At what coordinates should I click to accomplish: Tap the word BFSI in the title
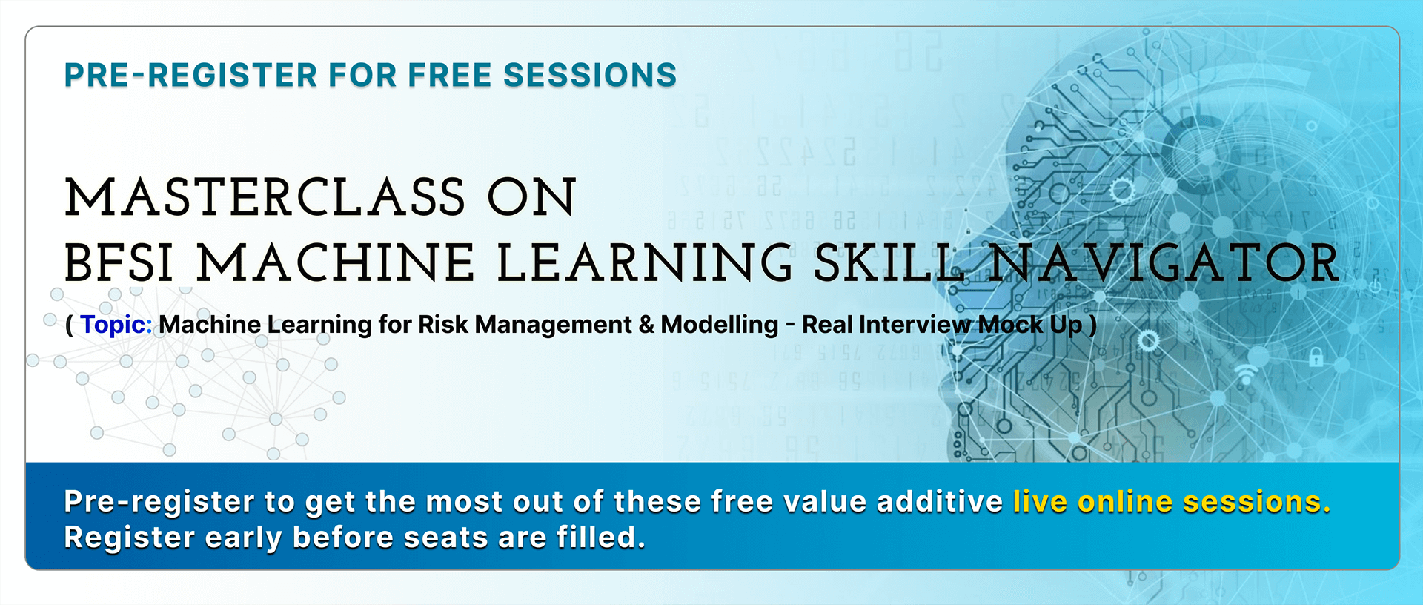[x=119, y=263]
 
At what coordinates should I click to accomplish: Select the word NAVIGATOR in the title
[x=1164, y=263]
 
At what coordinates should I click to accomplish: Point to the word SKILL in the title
[x=889, y=263]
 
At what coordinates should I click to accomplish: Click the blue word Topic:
[x=116, y=325]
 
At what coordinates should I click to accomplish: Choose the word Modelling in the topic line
[x=720, y=325]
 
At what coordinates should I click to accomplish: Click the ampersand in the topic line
[x=646, y=325]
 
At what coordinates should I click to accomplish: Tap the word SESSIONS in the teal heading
[x=590, y=75]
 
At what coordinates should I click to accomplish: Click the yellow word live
[x=1041, y=501]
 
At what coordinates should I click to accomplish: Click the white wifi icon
[x=1246, y=374]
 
